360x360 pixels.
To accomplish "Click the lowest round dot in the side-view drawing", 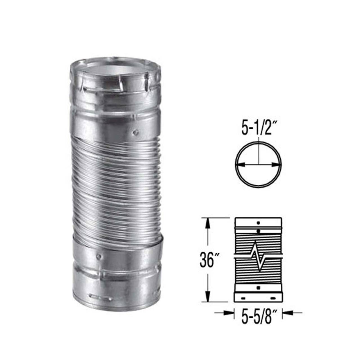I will [258, 287].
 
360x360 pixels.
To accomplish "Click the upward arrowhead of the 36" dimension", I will [208, 224].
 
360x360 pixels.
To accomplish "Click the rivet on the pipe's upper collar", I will [136, 132].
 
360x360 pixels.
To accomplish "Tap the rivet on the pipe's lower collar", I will [98, 256].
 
